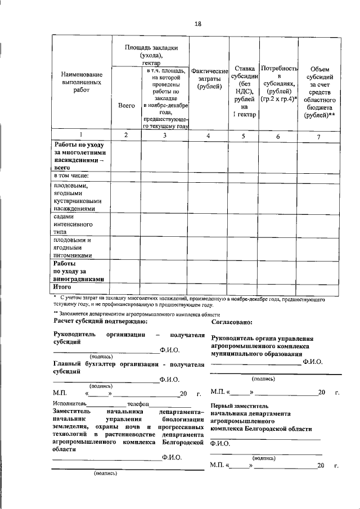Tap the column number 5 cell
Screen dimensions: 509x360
pyautogui.click(x=244, y=135)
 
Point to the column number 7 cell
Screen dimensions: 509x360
pyautogui.click(x=319, y=135)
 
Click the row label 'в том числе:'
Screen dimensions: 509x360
pyautogui.click(x=71, y=176)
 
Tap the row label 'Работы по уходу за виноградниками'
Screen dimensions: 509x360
pyautogui.click(x=78, y=271)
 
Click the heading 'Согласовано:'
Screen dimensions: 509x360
pyautogui.click(x=231, y=322)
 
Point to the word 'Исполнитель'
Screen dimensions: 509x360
pyautogui.click(x=69, y=404)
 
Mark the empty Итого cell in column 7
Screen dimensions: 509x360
pyautogui.click(x=319, y=287)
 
